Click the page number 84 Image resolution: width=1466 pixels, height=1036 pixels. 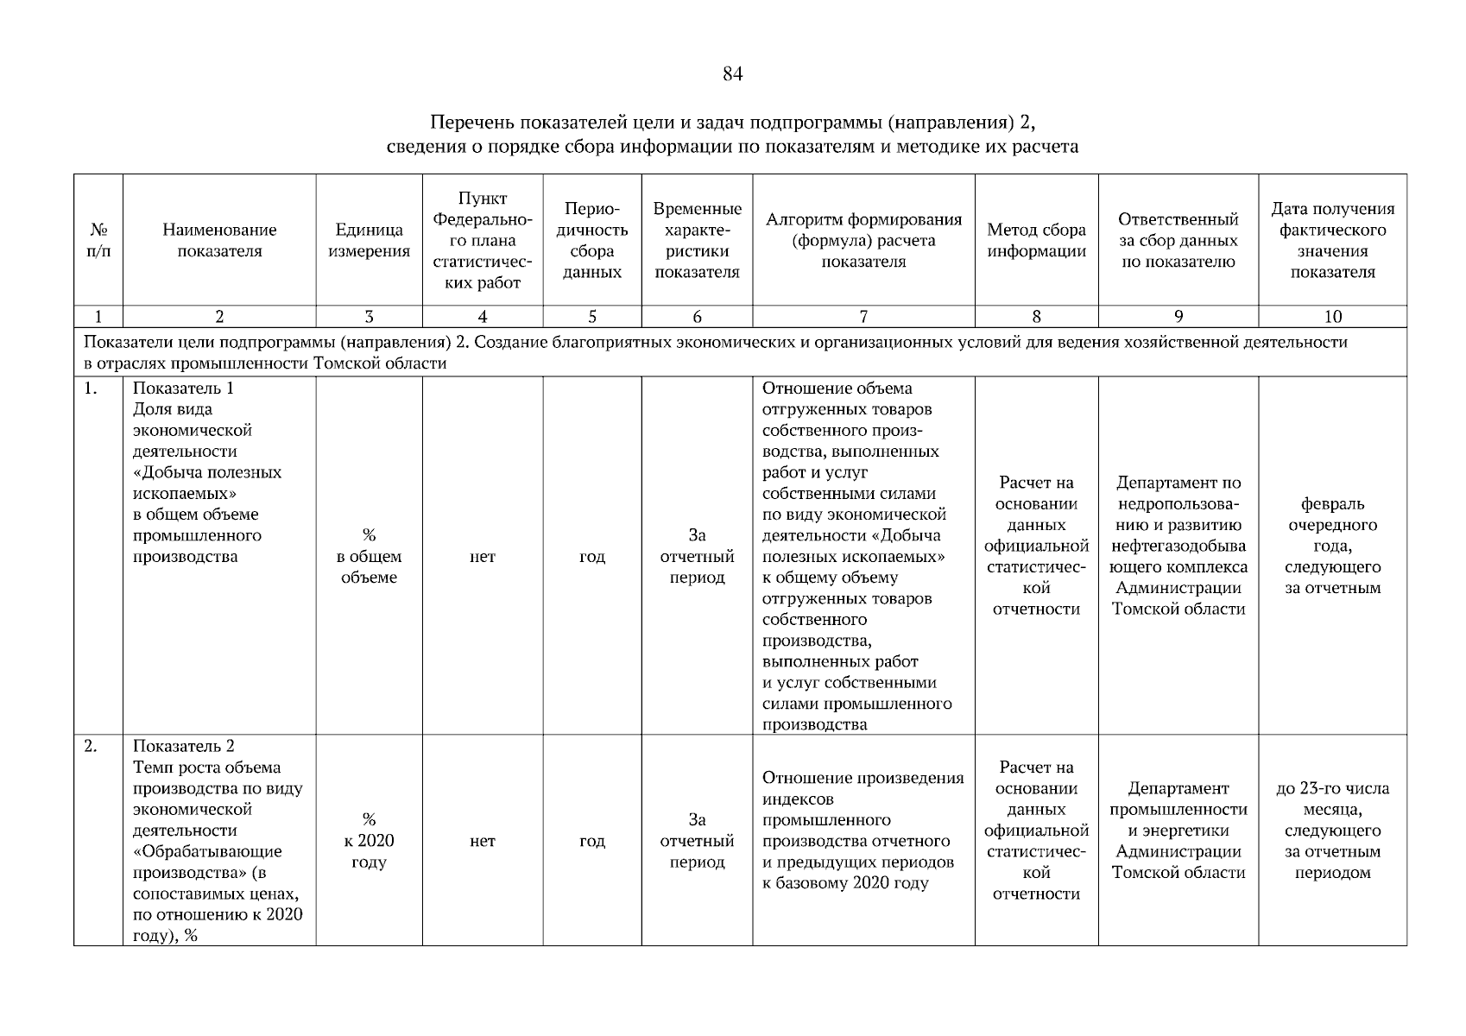[x=731, y=74]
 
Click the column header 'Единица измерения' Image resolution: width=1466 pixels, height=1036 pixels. [x=369, y=241]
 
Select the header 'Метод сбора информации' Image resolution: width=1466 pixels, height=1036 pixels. [x=1036, y=241]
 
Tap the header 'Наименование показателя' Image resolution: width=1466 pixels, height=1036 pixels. [x=219, y=241]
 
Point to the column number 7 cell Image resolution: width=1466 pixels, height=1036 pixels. [x=863, y=317]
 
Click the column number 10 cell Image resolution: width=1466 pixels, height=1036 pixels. [x=1332, y=317]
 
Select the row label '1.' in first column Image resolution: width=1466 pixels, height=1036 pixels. [x=91, y=388]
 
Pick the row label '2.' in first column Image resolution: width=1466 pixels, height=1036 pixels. [x=91, y=747]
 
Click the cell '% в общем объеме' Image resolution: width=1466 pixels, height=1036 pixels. [x=369, y=557]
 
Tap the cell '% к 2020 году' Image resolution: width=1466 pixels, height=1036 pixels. [x=369, y=841]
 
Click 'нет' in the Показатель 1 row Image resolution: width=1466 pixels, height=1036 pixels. [x=482, y=557]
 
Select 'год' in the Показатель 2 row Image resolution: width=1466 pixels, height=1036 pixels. [x=591, y=841]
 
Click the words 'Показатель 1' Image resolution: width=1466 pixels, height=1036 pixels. [x=183, y=388]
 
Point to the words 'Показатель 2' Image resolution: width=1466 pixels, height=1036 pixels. [x=183, y=747]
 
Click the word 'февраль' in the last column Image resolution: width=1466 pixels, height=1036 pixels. [x=1332, y=504]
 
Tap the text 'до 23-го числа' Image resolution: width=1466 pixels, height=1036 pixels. [x=1332, y=788]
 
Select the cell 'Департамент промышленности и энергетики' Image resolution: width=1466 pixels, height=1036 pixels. [x=1178, y=831]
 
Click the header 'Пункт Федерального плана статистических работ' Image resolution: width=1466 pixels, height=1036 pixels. [x=482, y=241]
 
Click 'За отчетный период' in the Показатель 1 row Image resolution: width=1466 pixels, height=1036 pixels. [x=697, y=557]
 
